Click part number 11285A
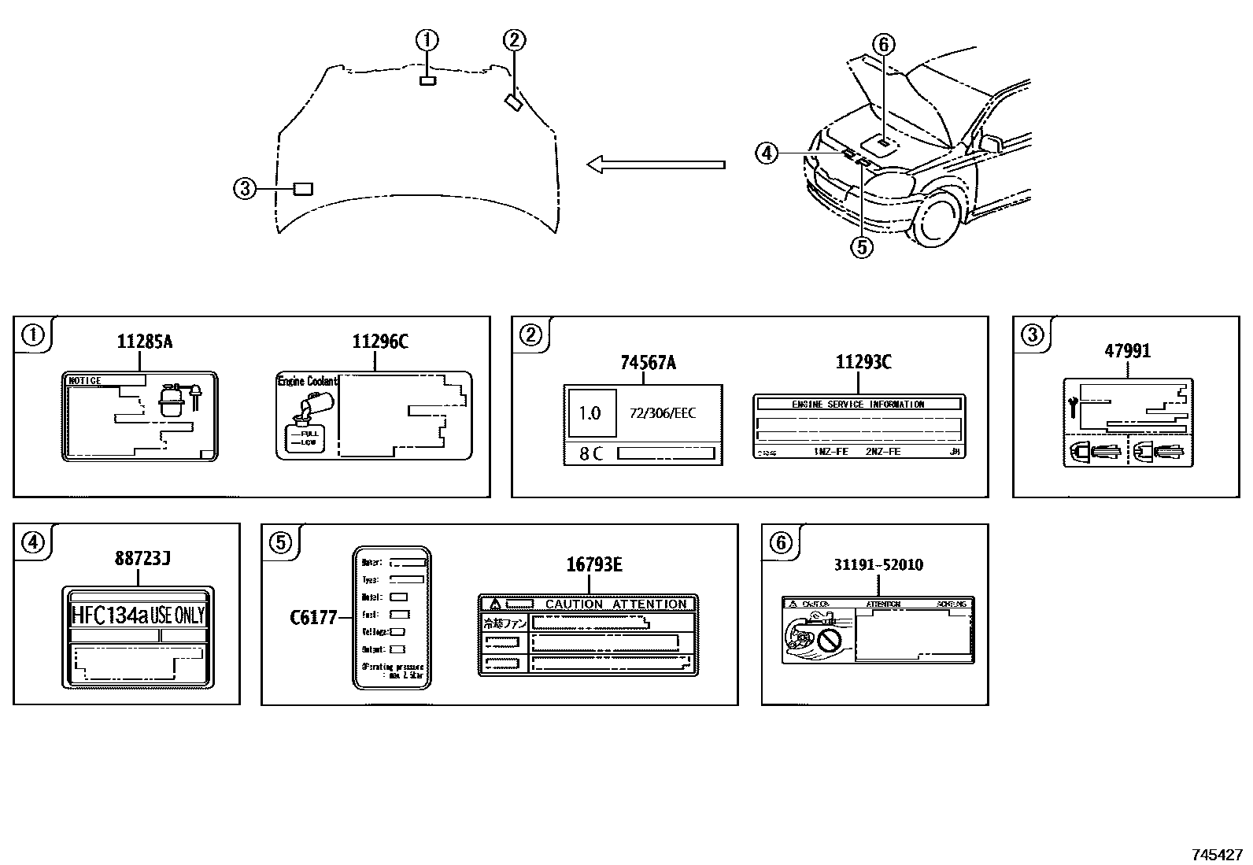click(x=144, y=342)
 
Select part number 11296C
click(x=380, y=342)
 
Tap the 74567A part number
click(x=648, y=362)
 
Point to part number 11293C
click(x=863, y=362)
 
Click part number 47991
click(x=1127, y=351)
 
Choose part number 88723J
click(x=142, y=559)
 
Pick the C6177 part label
click(x=313, y=618)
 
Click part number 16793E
click(x=594, y=564)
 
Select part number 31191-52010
click(x=878, y=565)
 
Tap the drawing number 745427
click(x=1216, y=855)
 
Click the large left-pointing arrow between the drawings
click(x=655, y=164)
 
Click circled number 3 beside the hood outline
click(x=245, y=188)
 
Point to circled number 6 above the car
click(x=883, y=45)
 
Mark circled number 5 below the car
click(x=861, y=247)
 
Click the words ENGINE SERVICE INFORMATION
click(x=858, y=404)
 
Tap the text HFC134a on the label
click(x=109, y=615)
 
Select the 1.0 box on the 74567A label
click(x=590, y=412)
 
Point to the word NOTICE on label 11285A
click(x=85, y=381)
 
